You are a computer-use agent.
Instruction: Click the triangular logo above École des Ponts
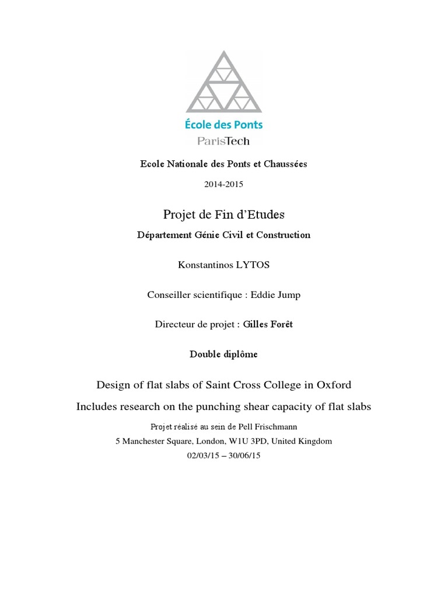pos(224,82)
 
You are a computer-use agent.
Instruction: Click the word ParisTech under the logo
pos(224,141)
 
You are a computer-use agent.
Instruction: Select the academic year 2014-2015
pos(223,185)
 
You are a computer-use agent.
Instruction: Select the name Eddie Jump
pos(275,295)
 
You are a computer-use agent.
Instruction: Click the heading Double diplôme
pos(223,354)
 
